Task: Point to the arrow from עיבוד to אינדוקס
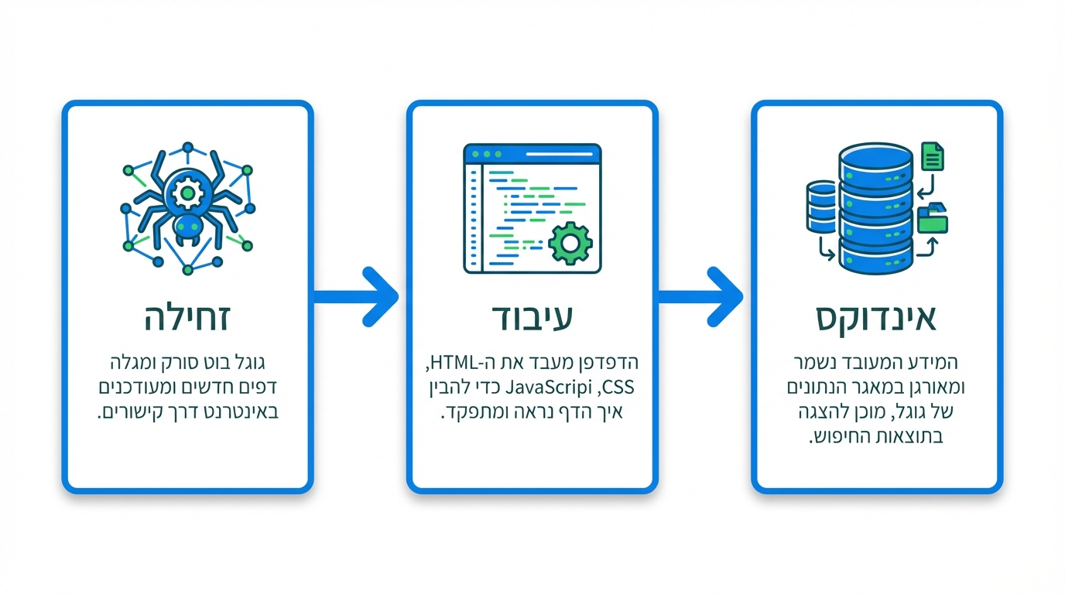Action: (x=701, y=296)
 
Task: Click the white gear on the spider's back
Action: (x=187, y=193)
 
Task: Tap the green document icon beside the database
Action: (x=933, y=156)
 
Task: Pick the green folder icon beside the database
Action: (x=933, y=219)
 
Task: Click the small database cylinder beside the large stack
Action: (x=822, y=207)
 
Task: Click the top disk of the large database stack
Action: (x=877, y=159)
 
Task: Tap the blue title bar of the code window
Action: (x=532, y=153)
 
